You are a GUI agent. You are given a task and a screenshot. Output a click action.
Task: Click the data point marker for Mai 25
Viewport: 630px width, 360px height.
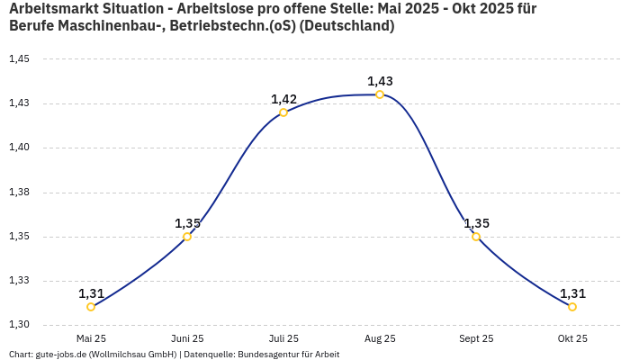pos(91,307)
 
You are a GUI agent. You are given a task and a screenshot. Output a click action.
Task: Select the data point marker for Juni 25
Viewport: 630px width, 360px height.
pos(187,237)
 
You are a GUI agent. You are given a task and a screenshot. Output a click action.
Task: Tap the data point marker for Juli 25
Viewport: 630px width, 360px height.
pos(283,112)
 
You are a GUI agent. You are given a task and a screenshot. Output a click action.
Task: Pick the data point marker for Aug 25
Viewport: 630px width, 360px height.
pos(380,94)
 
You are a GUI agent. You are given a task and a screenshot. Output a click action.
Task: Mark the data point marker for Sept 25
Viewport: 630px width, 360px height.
pos(476,237)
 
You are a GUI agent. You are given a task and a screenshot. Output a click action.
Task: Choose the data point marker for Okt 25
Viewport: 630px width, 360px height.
pos(572,307)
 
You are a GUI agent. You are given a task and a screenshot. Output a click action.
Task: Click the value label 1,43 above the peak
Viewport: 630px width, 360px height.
pos(380,81)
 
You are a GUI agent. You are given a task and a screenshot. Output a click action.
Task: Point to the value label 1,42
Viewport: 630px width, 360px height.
pos(283,99)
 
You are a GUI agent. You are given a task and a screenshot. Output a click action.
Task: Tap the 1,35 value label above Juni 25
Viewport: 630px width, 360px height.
pos(187,223)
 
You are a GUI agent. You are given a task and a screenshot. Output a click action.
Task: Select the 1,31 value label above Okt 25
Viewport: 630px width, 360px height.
pos(572,293)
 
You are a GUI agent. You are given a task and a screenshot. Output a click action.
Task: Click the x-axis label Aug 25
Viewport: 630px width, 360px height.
pos(380,338)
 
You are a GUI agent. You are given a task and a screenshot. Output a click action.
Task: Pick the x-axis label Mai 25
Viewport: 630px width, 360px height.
pos(91,338)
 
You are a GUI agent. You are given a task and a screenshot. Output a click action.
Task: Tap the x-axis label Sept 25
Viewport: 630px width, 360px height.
pos(476,338)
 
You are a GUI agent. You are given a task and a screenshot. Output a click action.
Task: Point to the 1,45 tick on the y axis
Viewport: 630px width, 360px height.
pos(19,59)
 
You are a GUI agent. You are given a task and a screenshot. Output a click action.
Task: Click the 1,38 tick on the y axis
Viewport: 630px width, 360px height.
pos(19,193)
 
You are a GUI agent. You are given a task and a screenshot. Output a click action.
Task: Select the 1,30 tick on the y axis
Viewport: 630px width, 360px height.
pos(19,325)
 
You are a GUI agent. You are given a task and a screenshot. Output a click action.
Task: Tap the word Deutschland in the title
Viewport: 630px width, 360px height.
pos(349,26)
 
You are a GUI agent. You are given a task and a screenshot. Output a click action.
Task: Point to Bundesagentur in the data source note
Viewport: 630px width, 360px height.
pos(266,355)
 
